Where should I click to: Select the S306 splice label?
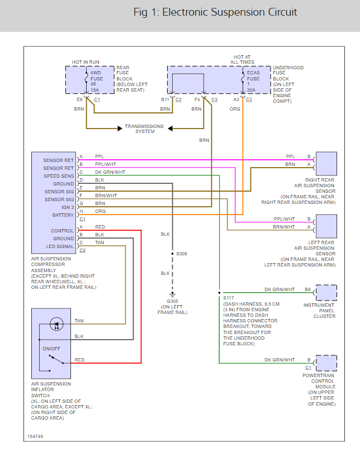click(182, 254)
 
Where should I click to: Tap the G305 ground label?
click(173, 301)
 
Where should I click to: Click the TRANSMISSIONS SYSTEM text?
click(144, 129)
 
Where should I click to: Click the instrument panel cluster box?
click(326, 293)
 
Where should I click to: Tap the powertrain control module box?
click(326, 363)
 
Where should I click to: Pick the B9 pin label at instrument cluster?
click(307, 289)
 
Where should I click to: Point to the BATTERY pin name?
click(63, 215)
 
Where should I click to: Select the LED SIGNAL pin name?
click(59, 246)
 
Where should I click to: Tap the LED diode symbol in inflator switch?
click(55, 323)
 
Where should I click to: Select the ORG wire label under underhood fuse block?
click(236, 109)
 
